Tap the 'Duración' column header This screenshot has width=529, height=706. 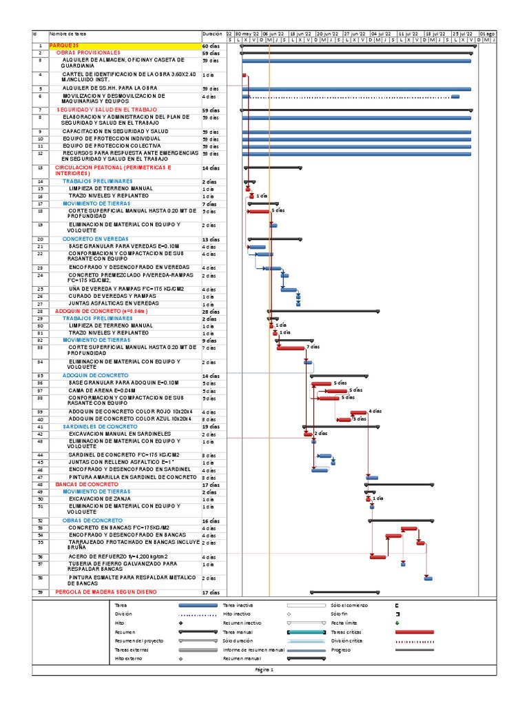(212, 34)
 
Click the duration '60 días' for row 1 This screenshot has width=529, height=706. (211, 46)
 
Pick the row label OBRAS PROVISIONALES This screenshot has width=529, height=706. (88, 52)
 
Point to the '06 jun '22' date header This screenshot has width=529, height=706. (273, 34)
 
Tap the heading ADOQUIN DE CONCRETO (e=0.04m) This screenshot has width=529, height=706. (101, 311)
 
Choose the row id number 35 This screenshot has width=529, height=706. (40, 375)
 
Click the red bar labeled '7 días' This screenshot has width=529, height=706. (290, 348)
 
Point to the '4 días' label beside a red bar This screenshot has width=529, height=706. (375, 410)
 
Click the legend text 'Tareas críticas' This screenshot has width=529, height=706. (345, 632)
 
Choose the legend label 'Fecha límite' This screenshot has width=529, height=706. (343, 623)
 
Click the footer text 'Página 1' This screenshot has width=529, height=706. (264, 669)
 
